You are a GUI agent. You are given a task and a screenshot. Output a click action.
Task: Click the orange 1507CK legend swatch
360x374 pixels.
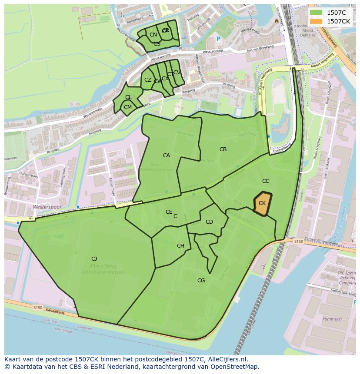[316, 21]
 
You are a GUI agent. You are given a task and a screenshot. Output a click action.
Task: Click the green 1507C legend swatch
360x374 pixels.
[316, 13]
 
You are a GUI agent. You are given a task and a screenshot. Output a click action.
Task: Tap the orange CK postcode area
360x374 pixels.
[262, 203]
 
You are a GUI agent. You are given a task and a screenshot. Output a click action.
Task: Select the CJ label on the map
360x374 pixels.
[94, 259]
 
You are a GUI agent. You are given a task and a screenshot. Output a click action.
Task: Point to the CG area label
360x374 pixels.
[201, 281]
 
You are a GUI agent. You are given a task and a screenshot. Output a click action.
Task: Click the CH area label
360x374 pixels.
[180, 246]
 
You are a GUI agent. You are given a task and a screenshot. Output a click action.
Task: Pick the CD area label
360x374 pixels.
[209, 222]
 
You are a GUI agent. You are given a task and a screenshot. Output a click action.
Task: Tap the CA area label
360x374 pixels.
[167, 156]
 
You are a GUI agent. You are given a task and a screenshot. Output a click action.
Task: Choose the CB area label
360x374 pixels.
[223, 149]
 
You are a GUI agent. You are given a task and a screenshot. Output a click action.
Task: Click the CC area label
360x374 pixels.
[266, 181]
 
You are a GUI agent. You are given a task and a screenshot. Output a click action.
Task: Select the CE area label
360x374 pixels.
[169, 212]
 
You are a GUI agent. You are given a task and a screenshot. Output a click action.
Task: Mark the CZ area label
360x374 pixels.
[148, 80]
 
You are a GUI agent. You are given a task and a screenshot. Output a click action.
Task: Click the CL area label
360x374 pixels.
[128, 97]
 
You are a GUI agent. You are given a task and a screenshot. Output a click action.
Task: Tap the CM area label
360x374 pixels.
[127, 107]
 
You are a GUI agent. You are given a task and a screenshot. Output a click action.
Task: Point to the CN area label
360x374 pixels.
[153, 35]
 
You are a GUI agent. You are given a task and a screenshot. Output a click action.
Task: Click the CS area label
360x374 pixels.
[157, 44]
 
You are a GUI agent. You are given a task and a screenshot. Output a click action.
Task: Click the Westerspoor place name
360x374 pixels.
[47, 207]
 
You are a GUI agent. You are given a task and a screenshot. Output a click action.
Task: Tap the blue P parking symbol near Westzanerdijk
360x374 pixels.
[218, 39]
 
